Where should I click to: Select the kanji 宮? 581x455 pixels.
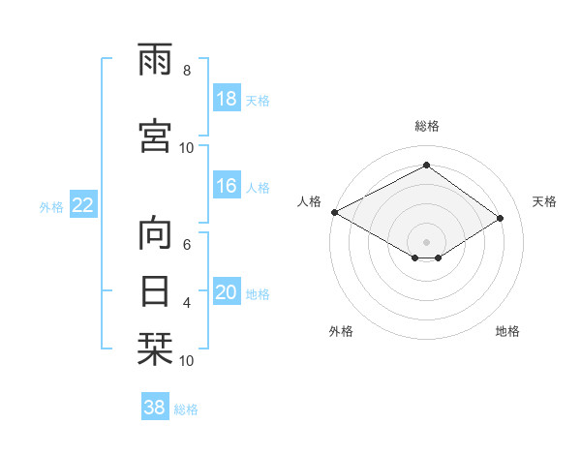point(156,136)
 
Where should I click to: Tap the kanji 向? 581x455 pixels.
point(156,233)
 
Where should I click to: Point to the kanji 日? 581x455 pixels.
point(156,291)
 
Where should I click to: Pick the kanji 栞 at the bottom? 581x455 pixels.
point(156,349)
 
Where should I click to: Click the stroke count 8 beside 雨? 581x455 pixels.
point(186,71)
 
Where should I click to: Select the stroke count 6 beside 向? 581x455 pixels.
point(186,244)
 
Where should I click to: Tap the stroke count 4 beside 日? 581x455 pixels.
point(186,303)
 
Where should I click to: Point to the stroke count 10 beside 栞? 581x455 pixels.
point(186,361)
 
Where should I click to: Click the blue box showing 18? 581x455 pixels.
point(226,99)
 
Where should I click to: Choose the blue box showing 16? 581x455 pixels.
point(226,186)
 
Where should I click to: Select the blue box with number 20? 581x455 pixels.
point(226,292)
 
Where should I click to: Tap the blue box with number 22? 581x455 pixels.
point(83,205)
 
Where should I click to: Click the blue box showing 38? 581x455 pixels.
point(155,409)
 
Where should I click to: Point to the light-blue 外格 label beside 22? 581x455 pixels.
point(50,206)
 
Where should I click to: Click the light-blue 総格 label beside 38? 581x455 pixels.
point(186,409)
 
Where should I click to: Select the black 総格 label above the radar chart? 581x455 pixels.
point(426,126)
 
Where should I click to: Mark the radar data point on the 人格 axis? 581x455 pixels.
point(334,212)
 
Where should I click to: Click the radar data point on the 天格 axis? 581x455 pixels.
point(501,219)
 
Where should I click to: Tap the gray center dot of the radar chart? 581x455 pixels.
point(426,241)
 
